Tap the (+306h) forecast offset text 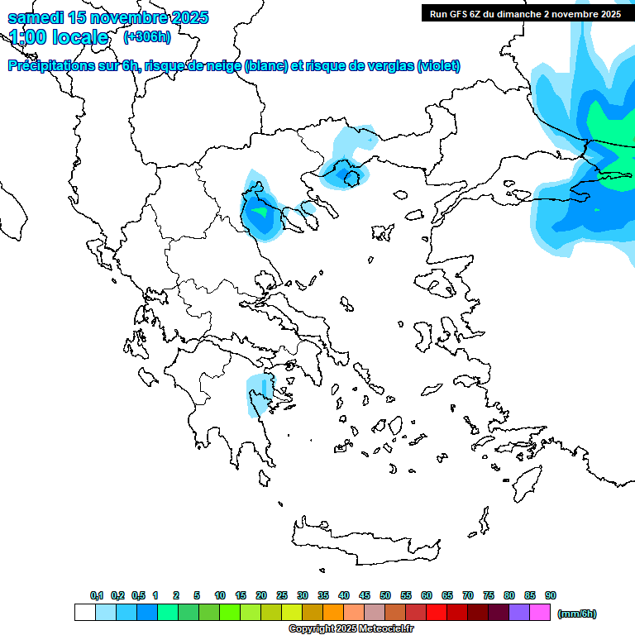point(146,36)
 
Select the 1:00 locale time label point(59,37)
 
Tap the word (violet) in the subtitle point(439,66)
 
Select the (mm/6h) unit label point(577,614)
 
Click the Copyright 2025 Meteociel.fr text point(351,629)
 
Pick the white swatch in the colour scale point(85,613)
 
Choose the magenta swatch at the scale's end point(540,613)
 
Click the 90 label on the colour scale point(551,595)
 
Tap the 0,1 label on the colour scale point(96,595)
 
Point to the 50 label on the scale point(385,595)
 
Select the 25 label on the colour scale point(282,595)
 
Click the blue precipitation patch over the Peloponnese point(260,394)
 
